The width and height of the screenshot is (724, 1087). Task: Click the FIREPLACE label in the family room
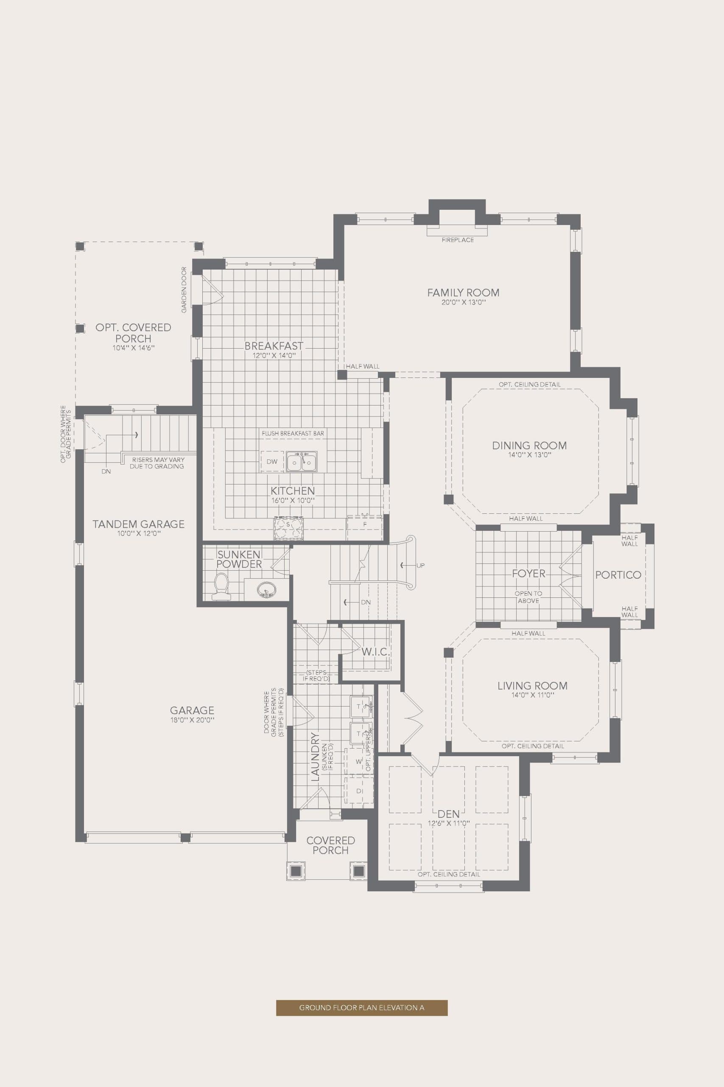(458, 240)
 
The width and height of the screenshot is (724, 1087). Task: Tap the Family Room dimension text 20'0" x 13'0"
(463, 302)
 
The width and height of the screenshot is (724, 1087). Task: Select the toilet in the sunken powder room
(221, 586)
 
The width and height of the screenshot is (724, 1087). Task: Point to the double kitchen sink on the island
(302, 462)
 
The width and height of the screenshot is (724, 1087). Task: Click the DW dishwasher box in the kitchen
(272, 461)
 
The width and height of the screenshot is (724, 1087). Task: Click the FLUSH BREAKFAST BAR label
(293, 433)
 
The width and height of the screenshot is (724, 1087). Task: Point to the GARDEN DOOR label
(184, 290)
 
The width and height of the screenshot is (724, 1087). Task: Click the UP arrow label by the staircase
(420, 565)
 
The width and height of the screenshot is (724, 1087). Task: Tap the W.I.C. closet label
(375, 652)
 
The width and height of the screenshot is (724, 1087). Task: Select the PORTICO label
(618, 575)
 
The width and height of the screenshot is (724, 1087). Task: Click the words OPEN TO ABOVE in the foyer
(528, 597)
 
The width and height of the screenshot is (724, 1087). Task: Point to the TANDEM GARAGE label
(139, 524)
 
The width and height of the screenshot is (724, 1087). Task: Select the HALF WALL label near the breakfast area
(363, 366)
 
